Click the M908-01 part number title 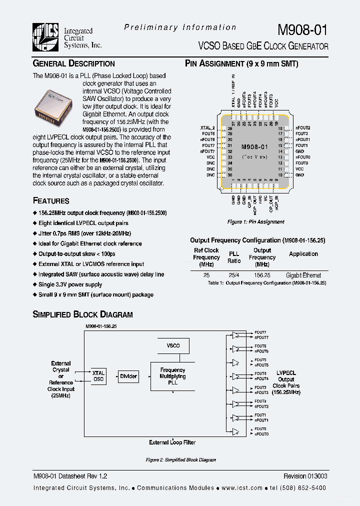click(303, 29)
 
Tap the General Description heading click(73, 63)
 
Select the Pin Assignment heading click(241, 63)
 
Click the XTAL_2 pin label click(207, 128)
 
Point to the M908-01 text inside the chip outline click(254, 147)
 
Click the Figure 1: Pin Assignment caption click(255, 221)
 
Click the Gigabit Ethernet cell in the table click(303, 275)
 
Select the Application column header click(303, 254)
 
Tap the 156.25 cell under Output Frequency click(262, 275)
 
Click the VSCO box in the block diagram click(172, 345)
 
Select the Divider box click(128, 376)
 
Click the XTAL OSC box click(98, 376)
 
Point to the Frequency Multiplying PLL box click(172, 376)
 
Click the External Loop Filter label click(172, 442)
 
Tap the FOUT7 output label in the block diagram click(260, 332)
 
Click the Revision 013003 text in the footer click(305, 476)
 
